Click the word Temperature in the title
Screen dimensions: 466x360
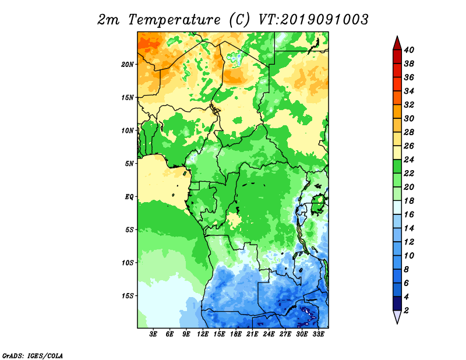click(174, 20)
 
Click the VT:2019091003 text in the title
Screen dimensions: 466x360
click(313, 20)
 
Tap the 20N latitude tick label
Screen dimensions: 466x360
click(128, 64)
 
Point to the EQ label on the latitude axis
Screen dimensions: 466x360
click(129, 196)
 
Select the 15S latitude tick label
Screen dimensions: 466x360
click(128, 296)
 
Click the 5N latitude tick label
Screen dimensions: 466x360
click(129, 164)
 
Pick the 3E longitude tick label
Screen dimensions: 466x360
click(153, 334)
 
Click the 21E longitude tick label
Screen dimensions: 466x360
click(252, 334)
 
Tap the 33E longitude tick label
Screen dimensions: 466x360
click(318, 334)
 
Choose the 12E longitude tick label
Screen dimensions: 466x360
click(203, 334)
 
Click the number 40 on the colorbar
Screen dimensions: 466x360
click(409, 50)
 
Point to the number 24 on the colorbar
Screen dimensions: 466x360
click(409, 160)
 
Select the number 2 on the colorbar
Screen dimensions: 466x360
click(406, 310)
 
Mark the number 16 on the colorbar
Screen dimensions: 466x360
click(409, 214)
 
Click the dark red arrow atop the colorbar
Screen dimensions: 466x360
click(397, 43)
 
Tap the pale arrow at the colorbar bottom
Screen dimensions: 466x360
click(397, 316)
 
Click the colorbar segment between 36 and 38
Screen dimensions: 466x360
click(397, 70)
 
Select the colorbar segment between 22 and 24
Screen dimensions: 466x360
click(397, 167)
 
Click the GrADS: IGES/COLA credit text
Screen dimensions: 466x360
click(33, 355)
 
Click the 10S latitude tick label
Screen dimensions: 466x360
click(128, 263)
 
